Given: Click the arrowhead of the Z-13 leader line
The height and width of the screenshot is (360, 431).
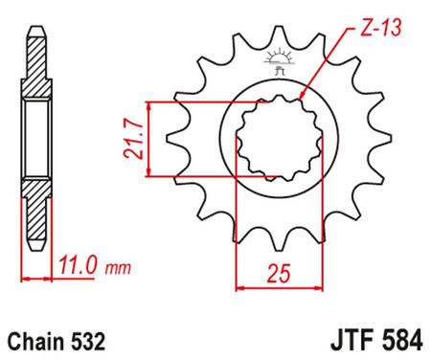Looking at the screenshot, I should tap(302, 98).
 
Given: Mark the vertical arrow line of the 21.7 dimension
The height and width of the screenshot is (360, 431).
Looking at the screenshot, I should tap(149, 139).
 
